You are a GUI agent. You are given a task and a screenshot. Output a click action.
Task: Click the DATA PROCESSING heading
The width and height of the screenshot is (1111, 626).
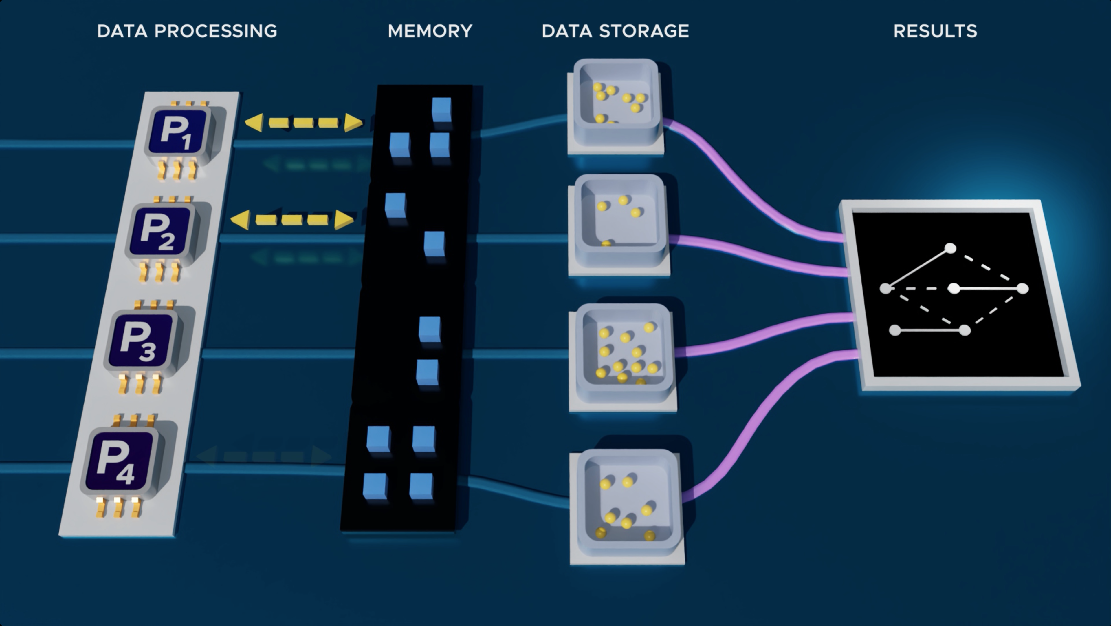(187, 31)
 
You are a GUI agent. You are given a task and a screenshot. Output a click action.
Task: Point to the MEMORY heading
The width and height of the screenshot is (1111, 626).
(430, 31)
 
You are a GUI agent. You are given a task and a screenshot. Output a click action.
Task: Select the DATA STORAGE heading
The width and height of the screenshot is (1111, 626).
(615, 31)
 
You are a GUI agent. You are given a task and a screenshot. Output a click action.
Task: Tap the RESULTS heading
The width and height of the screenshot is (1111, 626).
(935, 31)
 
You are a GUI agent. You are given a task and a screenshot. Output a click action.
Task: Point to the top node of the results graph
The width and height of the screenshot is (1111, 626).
(950, 249)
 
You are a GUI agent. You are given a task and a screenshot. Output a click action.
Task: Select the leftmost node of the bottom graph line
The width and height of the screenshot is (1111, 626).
(895, 331)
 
